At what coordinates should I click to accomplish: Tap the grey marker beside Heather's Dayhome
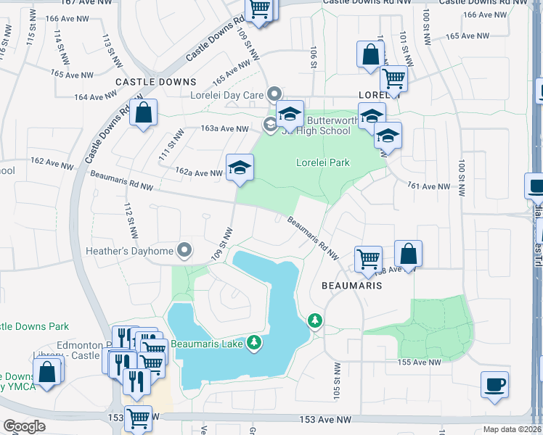pyautogui.click(x=184, y=250)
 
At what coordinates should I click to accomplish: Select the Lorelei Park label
pyautogui.click(x=322, y=162)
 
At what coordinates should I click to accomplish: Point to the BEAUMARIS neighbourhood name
pyautogui.click(x=351, y=286)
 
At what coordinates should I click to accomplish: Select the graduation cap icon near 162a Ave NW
pyautogui.click(x=239, y=169)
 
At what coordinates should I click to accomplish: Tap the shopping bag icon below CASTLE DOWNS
pyautogui.click(x=143, y=113)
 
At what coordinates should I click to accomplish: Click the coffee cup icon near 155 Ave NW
pyautogui.click(x=494, y=384)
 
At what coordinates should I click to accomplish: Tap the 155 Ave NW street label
pyautogui.click(x=419, y=362)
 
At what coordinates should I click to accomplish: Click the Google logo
pyautogui.click(x=25, y=426)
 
